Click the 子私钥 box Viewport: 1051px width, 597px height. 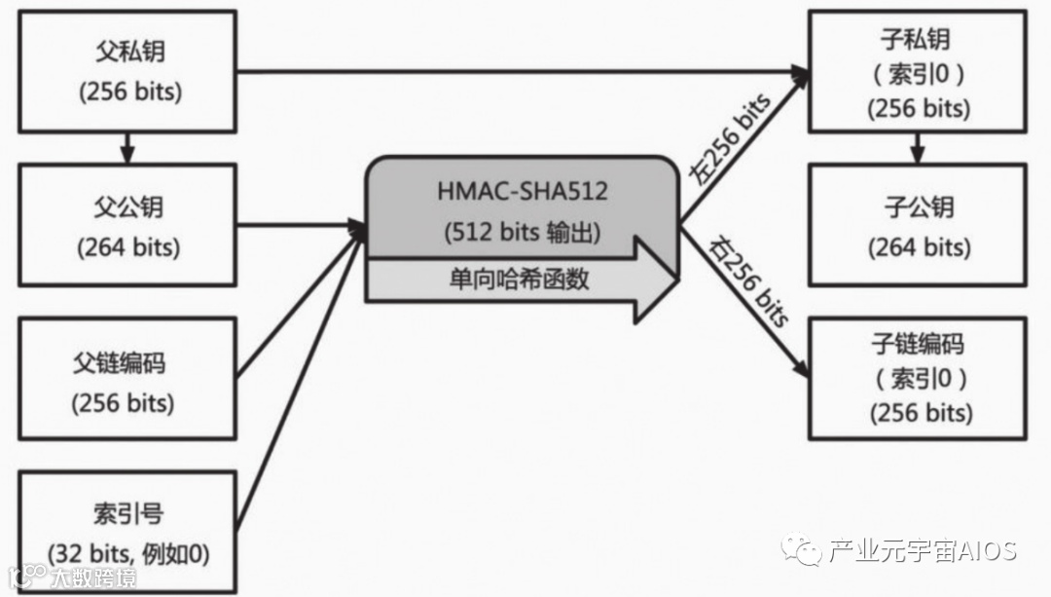pos(918,72)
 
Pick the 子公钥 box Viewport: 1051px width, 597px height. pos(918,225)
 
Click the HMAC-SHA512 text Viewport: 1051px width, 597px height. pos(523,191)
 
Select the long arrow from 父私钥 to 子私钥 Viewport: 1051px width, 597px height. pos(516,71)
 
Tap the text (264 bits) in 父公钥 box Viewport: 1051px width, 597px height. pos(128,246)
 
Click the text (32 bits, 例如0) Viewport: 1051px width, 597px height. pos(128,553)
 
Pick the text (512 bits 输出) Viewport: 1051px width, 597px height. pos(523,232)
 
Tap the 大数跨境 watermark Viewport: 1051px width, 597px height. pos(93,577)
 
